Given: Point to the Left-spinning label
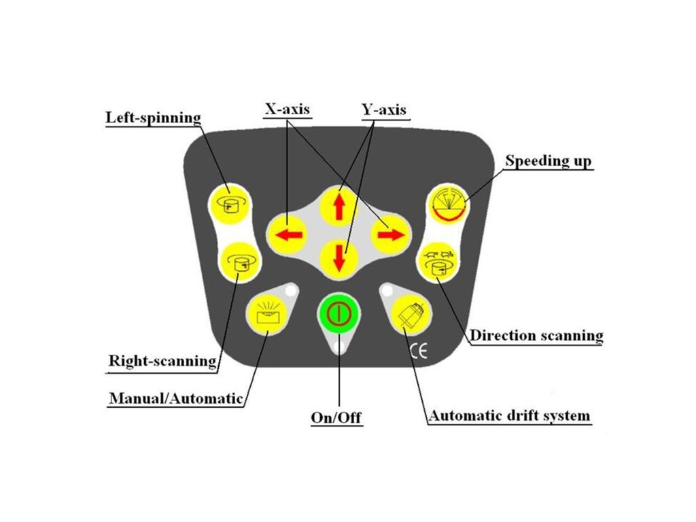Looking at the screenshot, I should pos(154,118).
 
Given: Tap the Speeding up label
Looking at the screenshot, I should pos(549,161).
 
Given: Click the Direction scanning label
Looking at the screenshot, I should pos(537,335).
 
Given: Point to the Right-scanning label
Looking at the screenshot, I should pos(162,360).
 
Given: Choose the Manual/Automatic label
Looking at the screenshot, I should pos(175,398).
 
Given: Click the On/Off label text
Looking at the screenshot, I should pos(336,417).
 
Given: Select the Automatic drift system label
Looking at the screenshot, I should pos(509,415).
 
